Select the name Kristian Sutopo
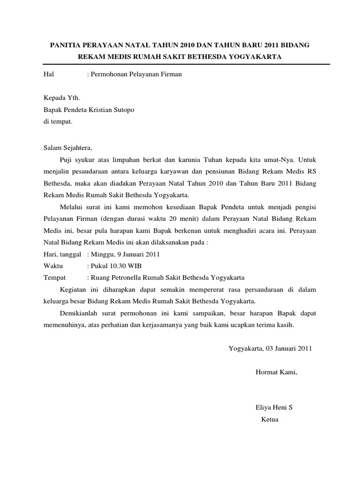click(x=116, y=110)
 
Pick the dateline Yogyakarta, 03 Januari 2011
click(x=270, y=348)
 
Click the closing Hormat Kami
click(x=276, y=372)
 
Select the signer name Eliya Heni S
click(x=274, y=407)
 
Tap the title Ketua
click(x=270, y=419)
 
